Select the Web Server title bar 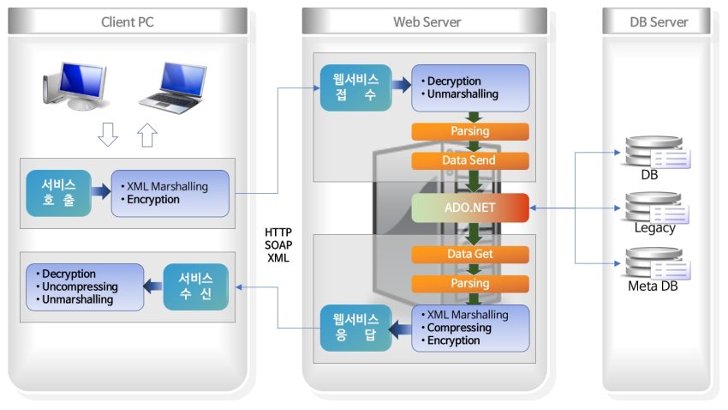pyautogui.click(x=426, y=21)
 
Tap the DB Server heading pyautogui.click(x=657, y=21)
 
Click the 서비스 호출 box pyautogui.click(x=58, y=192)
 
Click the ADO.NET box pyautogui.click(x=469, y=208)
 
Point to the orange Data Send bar pyautogui.click(x=468, y=160)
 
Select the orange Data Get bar pyautogui.click(x=468, y=254)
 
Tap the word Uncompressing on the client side pyautogui.click(x=80, y=286)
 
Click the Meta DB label pyautogui.click(x=653, y=286)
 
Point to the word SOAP pyautogui.click(x=278, y=245)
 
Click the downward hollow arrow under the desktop pyautogui.click(x=108, y=135)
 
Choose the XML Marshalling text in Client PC pyautogui.click(x=164, y=186)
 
